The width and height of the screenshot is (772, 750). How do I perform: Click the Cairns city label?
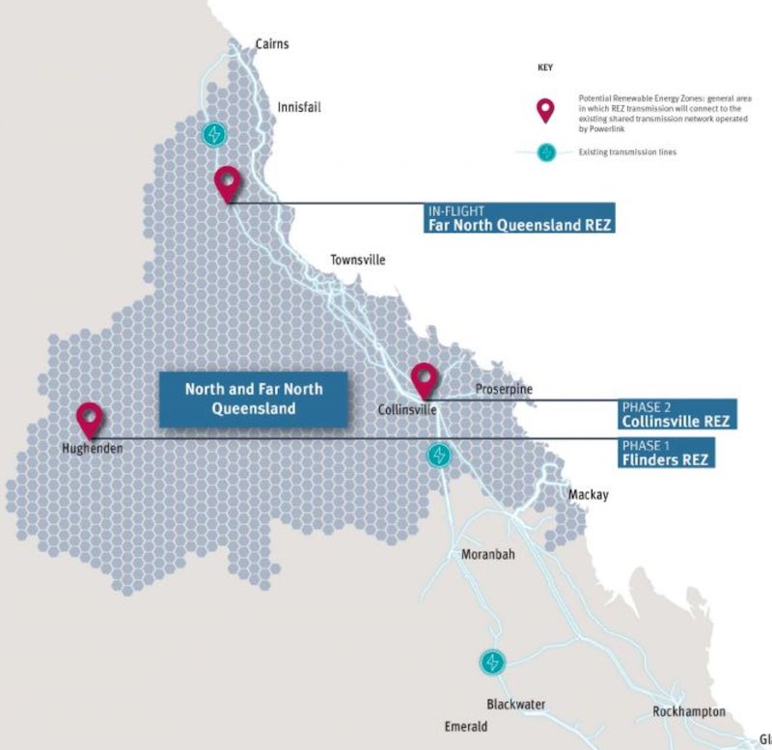point(271,44)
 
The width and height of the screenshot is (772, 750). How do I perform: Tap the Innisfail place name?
point(298,107)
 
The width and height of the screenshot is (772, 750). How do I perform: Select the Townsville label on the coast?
point(357,260)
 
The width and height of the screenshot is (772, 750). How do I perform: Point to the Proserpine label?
point(503,389)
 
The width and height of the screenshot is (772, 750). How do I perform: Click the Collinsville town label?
point(407,410)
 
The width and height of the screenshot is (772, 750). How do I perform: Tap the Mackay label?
point(588,495)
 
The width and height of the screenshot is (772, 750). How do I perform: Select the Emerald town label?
point(465,726)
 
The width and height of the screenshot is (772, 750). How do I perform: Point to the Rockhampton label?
point(688,711)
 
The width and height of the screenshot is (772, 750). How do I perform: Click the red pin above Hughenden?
point(90,421)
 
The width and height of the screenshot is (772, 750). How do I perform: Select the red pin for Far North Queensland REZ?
point(227,182)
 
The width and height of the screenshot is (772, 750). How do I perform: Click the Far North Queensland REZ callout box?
point(519,219)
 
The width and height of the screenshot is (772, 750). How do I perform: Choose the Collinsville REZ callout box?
point(675,414)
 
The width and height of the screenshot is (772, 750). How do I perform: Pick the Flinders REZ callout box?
point(666,453)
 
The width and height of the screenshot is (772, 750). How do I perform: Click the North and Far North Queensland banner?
point(254,399)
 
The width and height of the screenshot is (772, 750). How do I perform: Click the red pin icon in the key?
point(545,110)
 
